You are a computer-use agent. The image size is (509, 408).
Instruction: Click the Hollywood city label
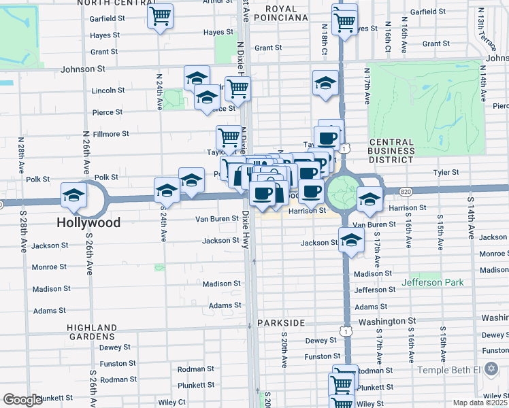click(88, 222)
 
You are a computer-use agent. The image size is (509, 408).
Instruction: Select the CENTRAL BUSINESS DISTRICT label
click(391, 150)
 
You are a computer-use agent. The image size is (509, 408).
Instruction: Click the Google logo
click(22, 400)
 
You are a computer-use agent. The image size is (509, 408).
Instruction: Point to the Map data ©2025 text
click(480, 403)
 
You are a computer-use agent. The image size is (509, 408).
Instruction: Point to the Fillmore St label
click(111, 134)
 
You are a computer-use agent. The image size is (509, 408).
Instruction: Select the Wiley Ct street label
click(171, 403)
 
